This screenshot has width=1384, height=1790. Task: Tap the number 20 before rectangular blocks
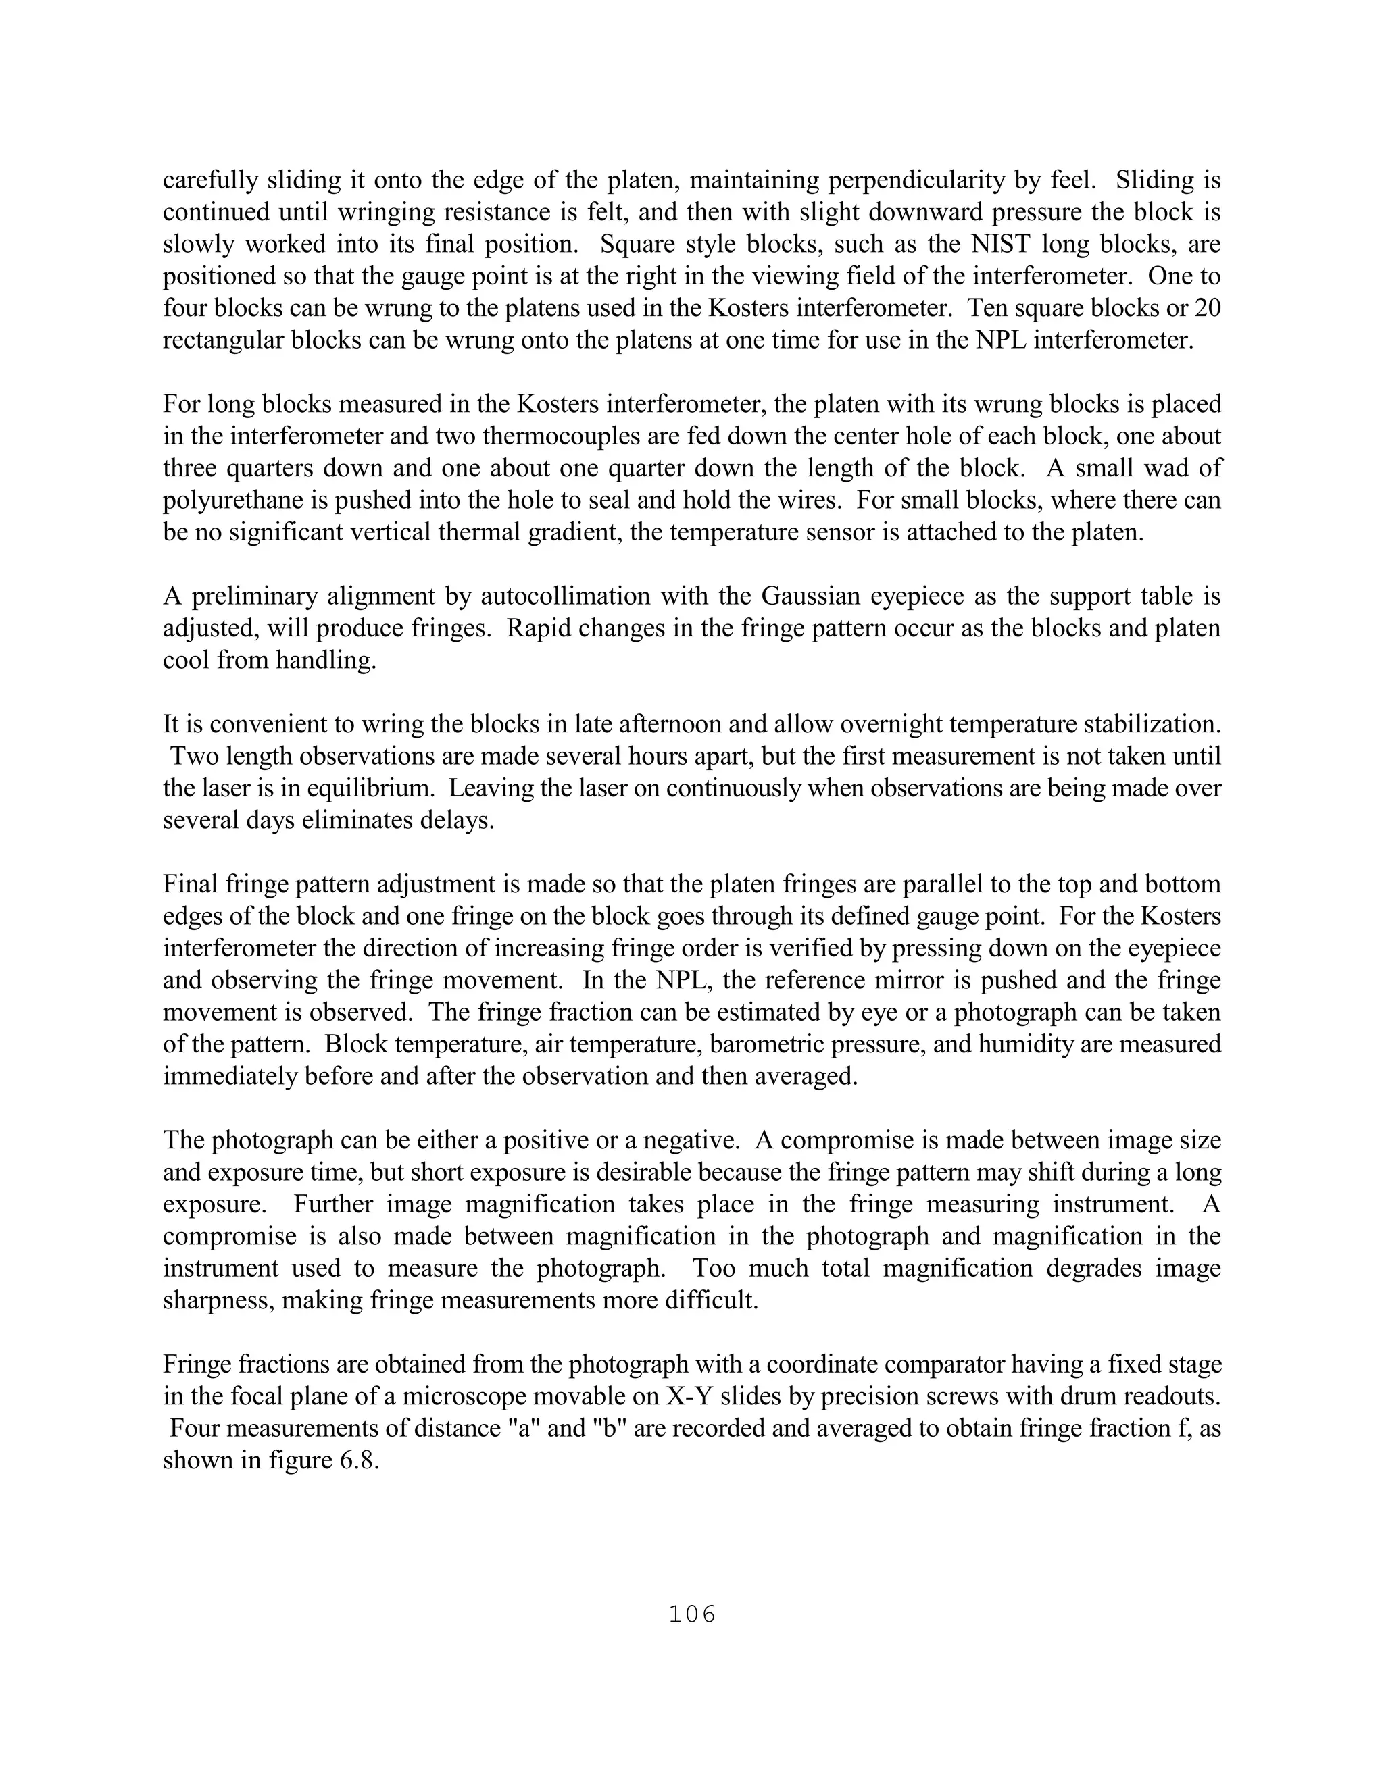(x=1207, y=308)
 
